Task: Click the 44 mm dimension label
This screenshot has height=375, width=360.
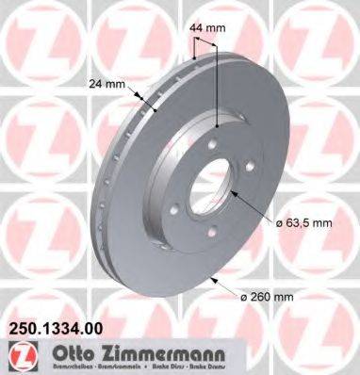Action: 208,29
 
